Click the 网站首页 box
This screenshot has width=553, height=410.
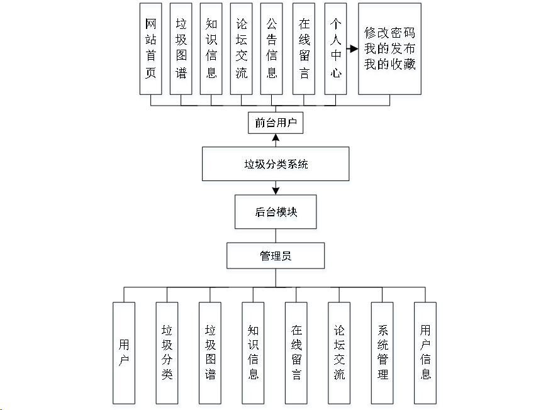point(150,49)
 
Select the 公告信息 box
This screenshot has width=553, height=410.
point(272,49)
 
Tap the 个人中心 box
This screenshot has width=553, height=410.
point(335,49)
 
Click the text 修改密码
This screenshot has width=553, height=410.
point(389,33)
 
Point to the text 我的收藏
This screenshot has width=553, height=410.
point(389,64)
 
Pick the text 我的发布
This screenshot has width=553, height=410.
point(389,49)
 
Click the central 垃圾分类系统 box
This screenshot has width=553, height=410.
point(276,165)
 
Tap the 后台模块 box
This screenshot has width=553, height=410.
point(276,212)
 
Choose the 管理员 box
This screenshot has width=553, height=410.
point(276,256)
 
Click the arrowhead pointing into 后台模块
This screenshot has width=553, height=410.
point(276,190)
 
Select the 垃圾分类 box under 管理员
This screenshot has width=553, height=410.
point(167,353)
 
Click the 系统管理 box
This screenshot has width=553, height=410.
point(382,353)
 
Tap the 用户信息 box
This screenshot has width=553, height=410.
point(425,353)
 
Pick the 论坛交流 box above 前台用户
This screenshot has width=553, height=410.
point(242,49)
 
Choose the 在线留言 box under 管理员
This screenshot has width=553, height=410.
point(296,353)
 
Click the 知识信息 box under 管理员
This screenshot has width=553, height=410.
point(253,353)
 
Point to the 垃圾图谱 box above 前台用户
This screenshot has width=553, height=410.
point(181,49)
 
